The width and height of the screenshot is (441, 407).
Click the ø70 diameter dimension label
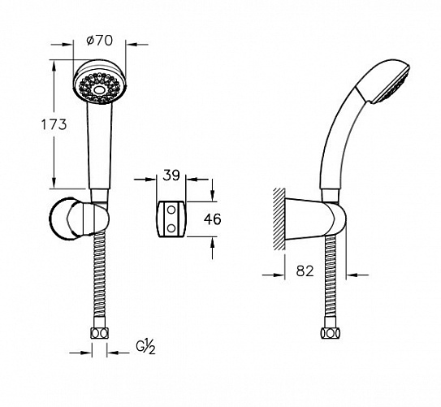[100, 41]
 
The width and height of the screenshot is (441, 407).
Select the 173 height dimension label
[54, 124]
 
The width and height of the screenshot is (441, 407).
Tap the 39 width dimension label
[171, 175]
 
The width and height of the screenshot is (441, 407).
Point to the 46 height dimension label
[212, 219]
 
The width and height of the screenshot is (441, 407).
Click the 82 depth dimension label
[305, 271]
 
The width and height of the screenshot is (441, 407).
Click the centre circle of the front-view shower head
[99, 90]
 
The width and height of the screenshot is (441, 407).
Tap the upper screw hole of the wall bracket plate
[171, 210]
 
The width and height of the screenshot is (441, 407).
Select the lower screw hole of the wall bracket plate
[171, 228]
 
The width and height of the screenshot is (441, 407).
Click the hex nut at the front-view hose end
[100, 334]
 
